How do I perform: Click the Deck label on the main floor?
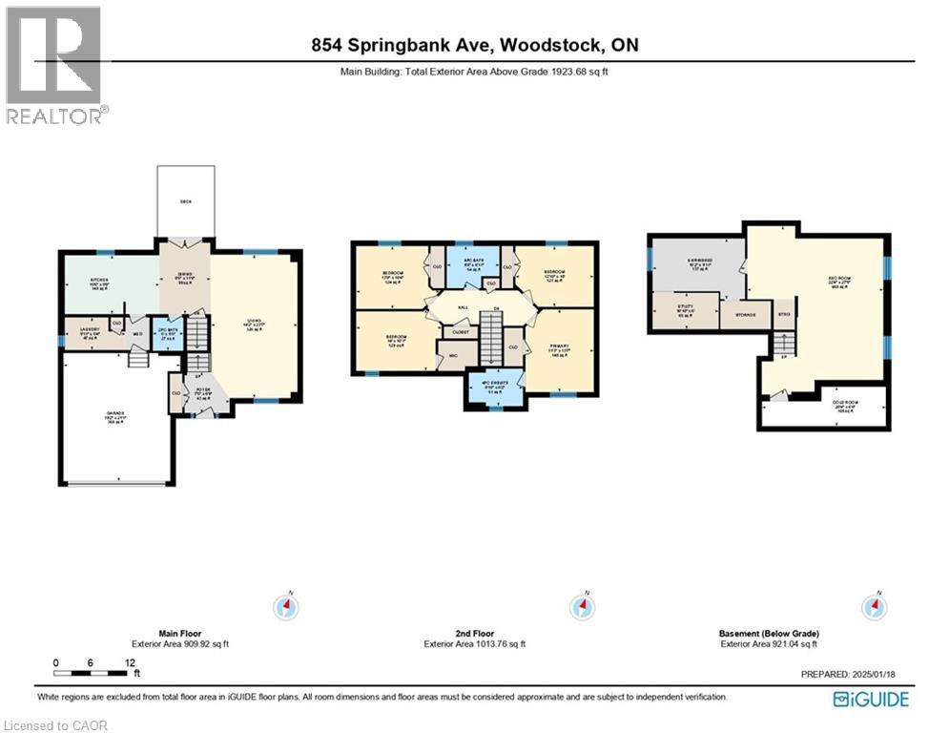[x=186, y=202]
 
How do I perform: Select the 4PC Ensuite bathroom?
[x=495, y=387]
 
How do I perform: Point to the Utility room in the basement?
[x=684, y=311]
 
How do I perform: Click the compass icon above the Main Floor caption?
[x=286, y=607]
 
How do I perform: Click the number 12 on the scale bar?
[x=129, y=662]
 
